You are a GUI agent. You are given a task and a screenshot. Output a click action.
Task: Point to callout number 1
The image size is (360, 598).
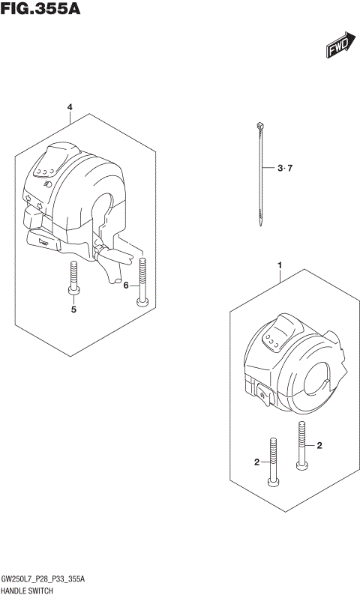279,265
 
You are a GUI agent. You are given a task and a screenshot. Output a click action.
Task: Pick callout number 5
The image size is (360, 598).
74,309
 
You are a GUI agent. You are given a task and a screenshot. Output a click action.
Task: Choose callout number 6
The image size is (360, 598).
127,285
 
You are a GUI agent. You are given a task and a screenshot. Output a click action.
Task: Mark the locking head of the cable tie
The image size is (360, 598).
258,125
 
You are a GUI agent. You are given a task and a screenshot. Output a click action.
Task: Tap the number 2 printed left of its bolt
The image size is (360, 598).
256,462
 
